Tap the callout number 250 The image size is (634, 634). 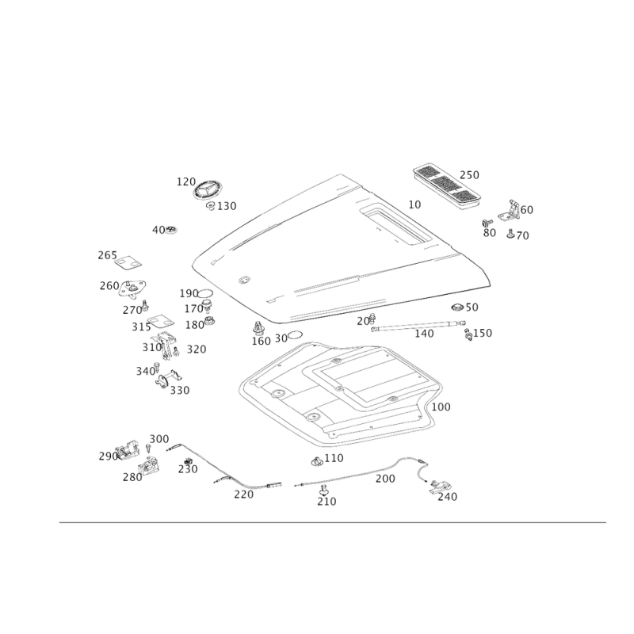click(470, 174)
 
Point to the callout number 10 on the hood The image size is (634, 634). click(414, 204)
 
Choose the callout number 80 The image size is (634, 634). click(490, 234)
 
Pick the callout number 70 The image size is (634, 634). click(523, 235)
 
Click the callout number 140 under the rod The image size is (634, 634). click(425, 335)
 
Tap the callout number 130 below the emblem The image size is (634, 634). click(227, 208)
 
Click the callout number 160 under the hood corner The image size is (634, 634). click(261, 341)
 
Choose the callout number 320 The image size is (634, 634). click(196, 349)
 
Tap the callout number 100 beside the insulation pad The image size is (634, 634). click(442, 407)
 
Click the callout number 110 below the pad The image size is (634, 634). click(334, 458)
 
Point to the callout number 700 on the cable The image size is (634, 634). click(384, 479)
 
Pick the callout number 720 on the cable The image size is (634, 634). click(242, 495)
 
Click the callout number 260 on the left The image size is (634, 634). click(108, 285)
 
